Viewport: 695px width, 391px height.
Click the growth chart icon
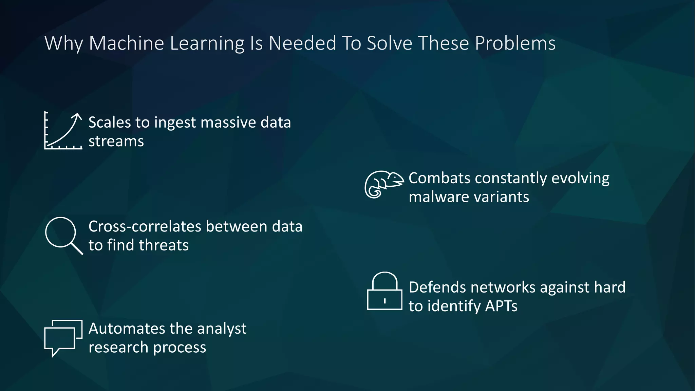point(63,131)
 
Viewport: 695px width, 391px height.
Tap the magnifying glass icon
point(63,235)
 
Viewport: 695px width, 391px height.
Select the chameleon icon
point(383,184)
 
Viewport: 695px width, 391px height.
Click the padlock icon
point(384,291)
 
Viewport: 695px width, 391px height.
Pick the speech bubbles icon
point(63,337)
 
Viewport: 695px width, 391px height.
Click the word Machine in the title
point(126,43)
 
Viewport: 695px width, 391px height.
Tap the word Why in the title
point(64,43)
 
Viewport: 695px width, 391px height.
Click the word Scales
point(110,123)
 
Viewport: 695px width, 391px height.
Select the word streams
point(116,141)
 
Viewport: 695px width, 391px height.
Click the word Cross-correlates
point(145,226)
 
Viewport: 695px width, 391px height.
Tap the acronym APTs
point(501,306)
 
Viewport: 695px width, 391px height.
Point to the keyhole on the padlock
point(384,301)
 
